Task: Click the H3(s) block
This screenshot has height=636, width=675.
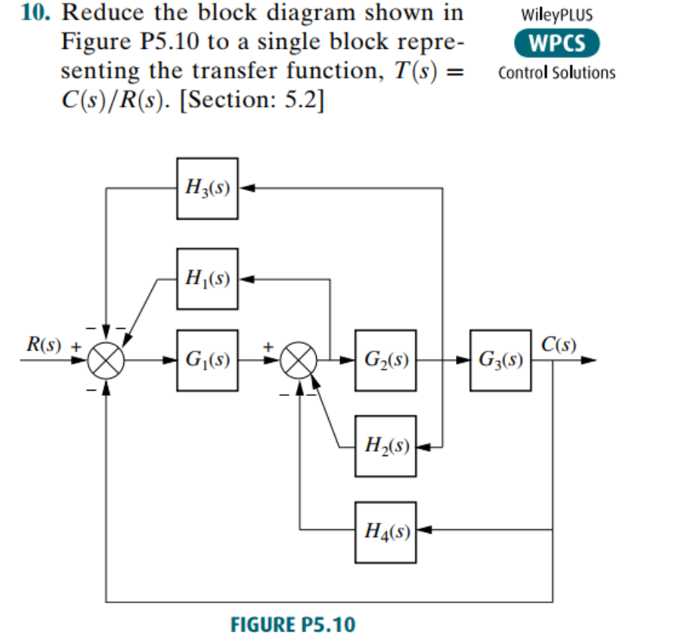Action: [207, 188]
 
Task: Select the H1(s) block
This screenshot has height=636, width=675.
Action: [207, 278]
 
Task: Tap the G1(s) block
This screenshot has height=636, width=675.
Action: [207, 360]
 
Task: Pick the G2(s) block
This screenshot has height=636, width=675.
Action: [385, 360]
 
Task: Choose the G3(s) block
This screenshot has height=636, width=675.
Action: [500, 360]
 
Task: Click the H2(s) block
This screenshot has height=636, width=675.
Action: [385, 446]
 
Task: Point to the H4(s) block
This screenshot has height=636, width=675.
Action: [385, 531]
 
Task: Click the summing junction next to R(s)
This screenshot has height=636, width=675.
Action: [106, 361]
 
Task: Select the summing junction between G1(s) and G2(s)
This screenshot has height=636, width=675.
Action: [300, 361]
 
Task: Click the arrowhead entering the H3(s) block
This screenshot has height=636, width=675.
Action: [244, 188]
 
